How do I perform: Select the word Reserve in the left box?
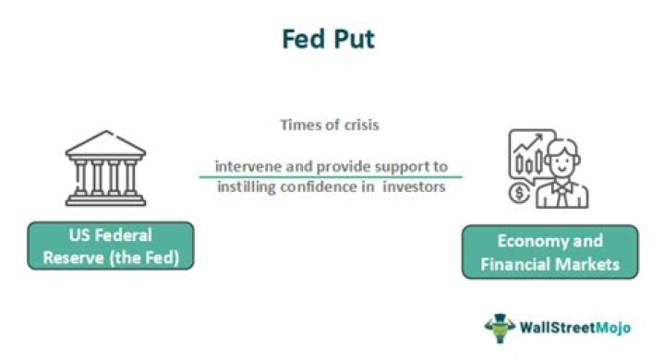(73, 256)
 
